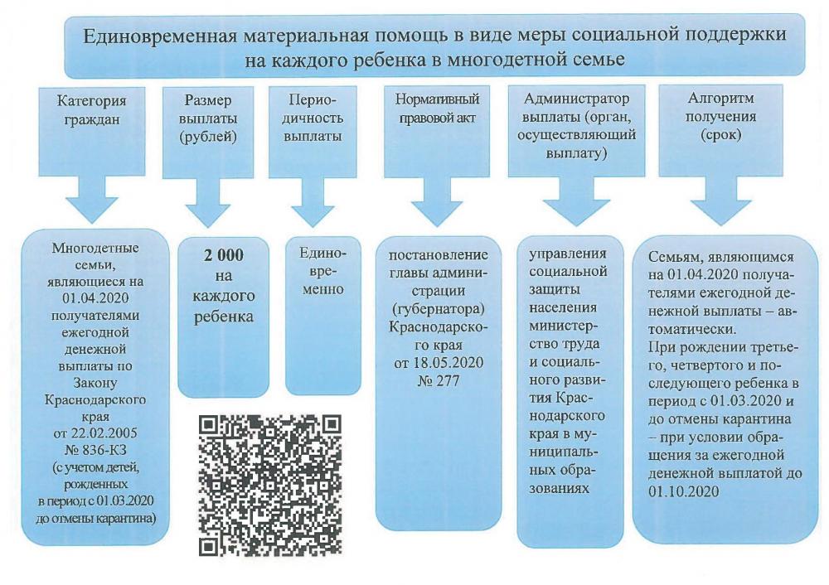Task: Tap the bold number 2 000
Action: point(223,255)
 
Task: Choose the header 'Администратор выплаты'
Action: point(573,127)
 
